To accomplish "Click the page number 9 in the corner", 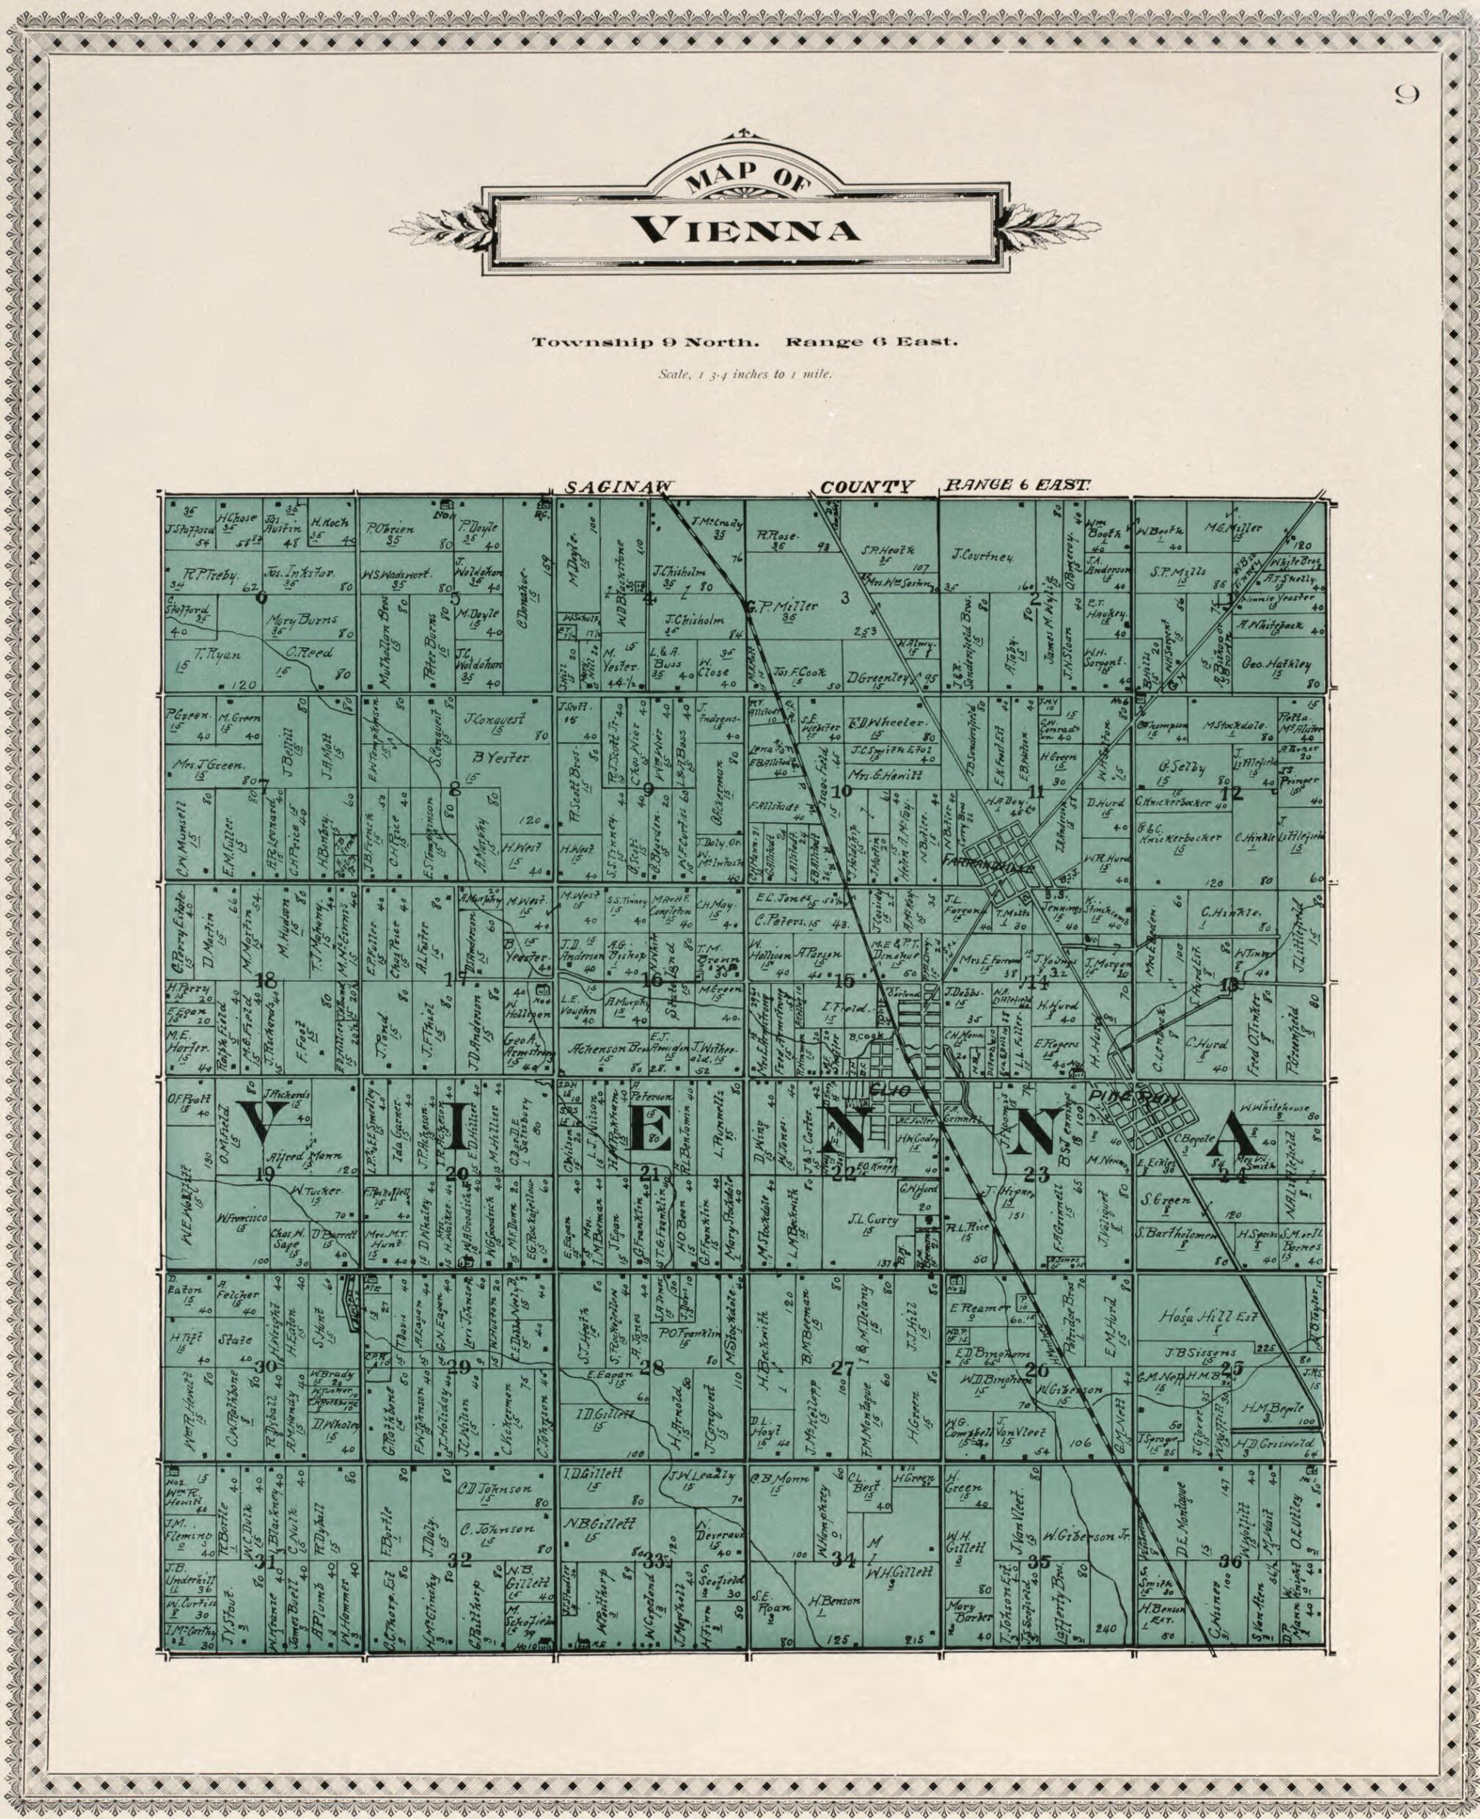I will [1407, 95].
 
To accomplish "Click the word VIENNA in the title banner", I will [745, 231].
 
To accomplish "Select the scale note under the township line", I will [745, 374].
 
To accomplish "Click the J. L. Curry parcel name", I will [873, 1220].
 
